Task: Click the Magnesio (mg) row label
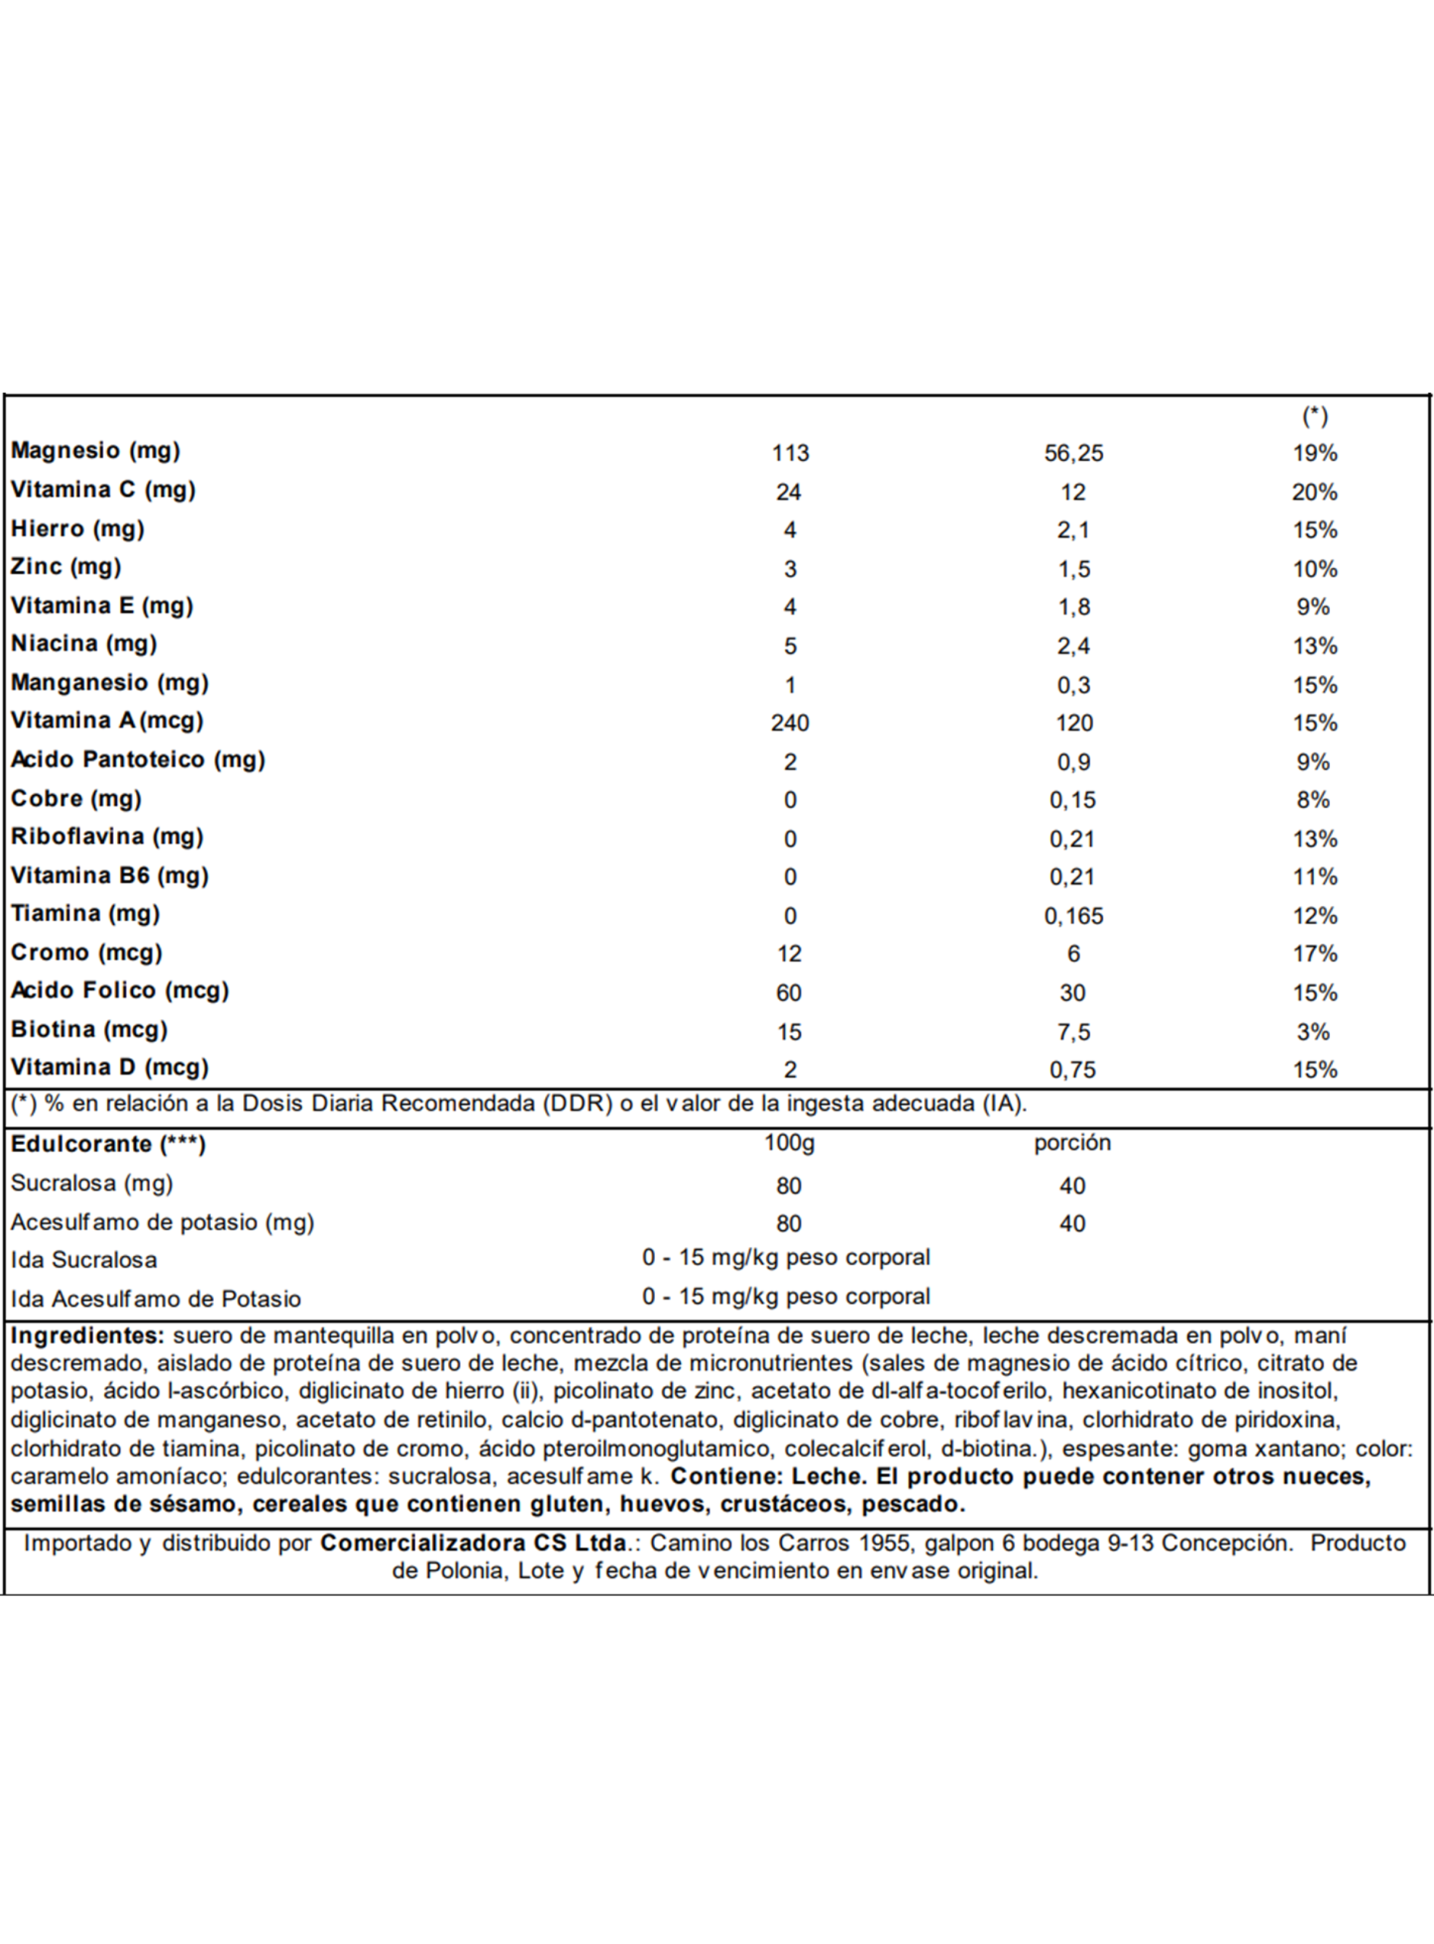pyautogui.click(x=96, y=450)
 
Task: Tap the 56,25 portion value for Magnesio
pyautogui.click(x=1073, y=453)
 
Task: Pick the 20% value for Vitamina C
pyautogui.click(x=1314, y=492)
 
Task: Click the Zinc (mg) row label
pyautogui.click(x=66, y=567)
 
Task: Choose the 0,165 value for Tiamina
pyautogui.click(x=1073, y=916)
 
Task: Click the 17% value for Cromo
pyautogui.click(x=1314, y=955)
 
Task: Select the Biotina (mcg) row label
pyautogui.click(x=89, y=1030)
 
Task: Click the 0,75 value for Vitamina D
pyautogui.click(x=1073, y=1071)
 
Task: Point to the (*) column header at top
pyautogui.click(x=1314, y=417)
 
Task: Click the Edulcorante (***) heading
pyautogui.click(x=108, y=1144)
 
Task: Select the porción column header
pyautogui.click(x=1072, y=1143)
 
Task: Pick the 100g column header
pyautogui.click(x=789, y=1143)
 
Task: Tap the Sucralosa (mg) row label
pyautogui.click(x=92, y=1183)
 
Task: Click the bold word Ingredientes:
pyautogui.click(x=87, y=1335)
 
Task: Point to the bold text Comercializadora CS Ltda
pyautogui.click(x=473, y=1543)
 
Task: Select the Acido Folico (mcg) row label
pyautogui.click(x=120, y=991)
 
